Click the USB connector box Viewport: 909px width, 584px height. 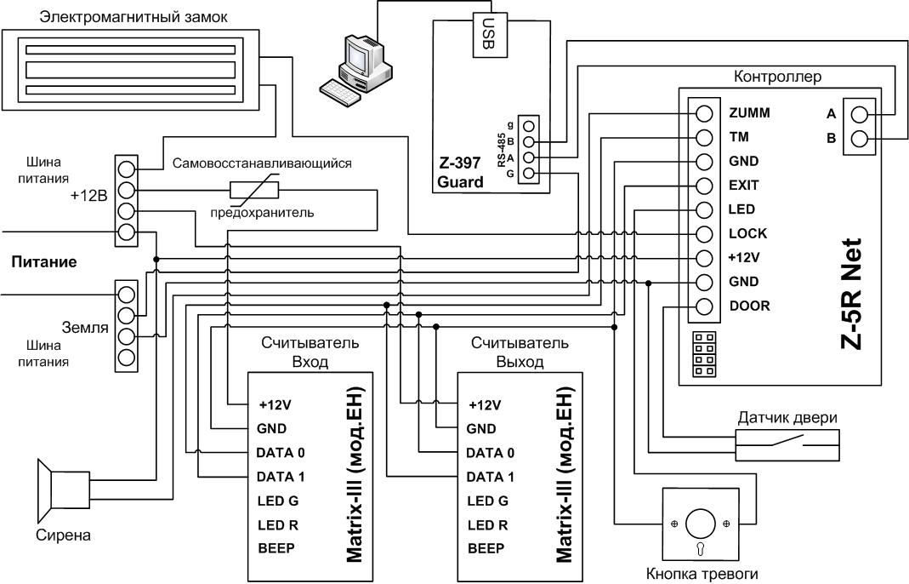pyautogui.click(x=490, y=35)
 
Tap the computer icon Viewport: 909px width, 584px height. pyautogui.click(x=355, y=69)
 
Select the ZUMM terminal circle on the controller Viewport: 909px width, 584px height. pyautogui.click(x=704, y=113)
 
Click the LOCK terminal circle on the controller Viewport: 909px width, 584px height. pyautogui.click(x=704, y=234)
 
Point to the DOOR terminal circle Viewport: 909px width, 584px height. pyautogui.click(x=704, y=306)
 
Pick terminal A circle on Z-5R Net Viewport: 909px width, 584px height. pyautogui.click(x=859, y=114)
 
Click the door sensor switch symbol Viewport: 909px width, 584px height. pyautogui.click(x=788, y=444)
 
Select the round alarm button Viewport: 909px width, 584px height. pyautogui.click(x=702, y=524)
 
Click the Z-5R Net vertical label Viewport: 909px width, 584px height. pyautogui.click(x=852, y=294)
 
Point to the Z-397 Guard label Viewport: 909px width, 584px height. pyautogui.click(x=460, y=173)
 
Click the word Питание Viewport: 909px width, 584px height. pyautogui.click(x=44, y=262)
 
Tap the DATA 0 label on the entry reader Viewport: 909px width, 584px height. pyautogui.click(x=281, y=453)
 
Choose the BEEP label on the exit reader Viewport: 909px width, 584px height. pyautogui.click(x=486, y=548)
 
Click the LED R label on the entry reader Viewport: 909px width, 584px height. pyautogui.click(x=278, y=525)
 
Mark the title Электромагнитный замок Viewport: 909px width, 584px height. pyautogui.click(x=134, y=17)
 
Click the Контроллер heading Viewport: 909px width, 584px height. pyautogui.click(x=777, y=76)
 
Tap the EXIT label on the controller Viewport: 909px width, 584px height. pyautogui.click(x=744, y=186)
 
